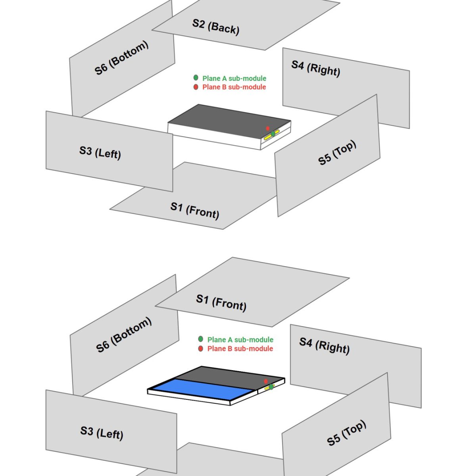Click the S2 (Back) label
click(216, 27)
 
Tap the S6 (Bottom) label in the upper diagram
click(121, 58)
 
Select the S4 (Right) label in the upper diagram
click(316, 68)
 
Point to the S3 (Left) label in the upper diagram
click(100, 152)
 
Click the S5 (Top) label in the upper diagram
click(337, 153)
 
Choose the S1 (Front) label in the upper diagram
click(195, 210)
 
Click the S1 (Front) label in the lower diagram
click(221, 302)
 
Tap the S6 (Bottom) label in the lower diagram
click(124, 335)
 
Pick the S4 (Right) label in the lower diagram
click(324, 345)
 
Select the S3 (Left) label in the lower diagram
click(102, 432)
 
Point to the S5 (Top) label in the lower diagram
click(346, 433)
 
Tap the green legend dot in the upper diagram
click(196, 78)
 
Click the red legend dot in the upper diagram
click(196, 87)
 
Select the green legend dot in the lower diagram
click(201, 339)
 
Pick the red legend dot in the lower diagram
click(201, 348)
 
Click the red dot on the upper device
click(268, 129)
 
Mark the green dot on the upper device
click(273, 134)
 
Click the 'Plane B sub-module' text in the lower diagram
click(240, 349)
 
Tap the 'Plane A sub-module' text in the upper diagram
click(234, 78)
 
